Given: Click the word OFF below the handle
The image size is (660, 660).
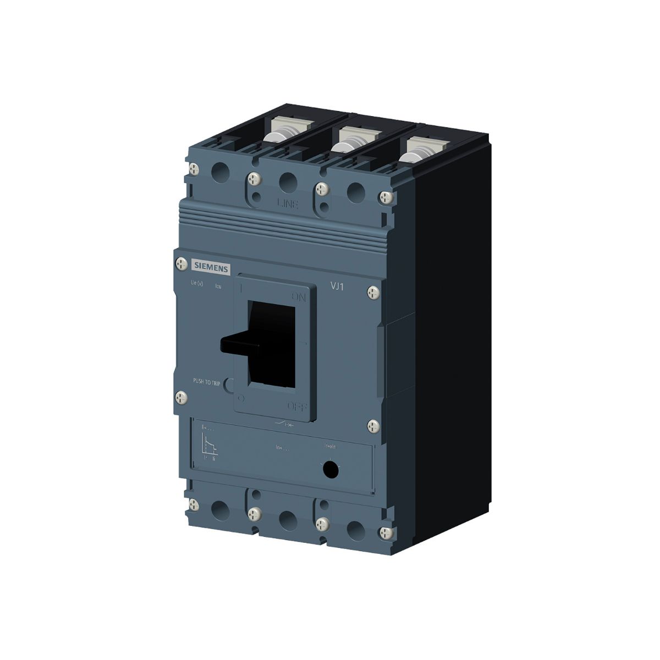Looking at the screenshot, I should pos(297,406).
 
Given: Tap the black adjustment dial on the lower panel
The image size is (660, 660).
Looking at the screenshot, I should pos(330,469).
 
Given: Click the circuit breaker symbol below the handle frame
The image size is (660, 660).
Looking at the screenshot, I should pos(284,424).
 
